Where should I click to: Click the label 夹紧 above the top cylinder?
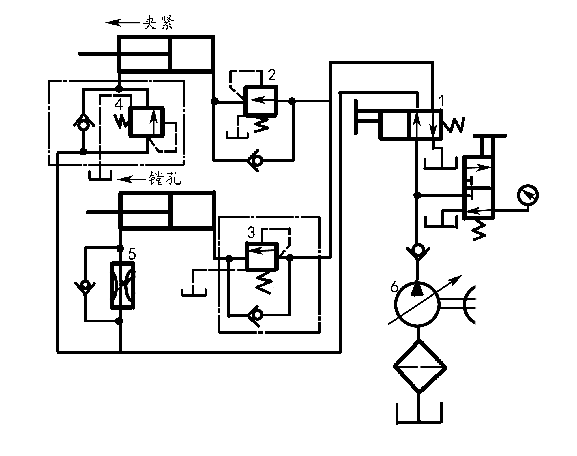point(158,22)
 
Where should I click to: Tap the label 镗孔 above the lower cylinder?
point(164,179)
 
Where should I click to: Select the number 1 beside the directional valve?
point(442,101)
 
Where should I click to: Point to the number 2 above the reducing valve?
point(271,75)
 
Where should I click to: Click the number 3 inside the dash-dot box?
point(251,233)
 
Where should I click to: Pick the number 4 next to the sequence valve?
point(118,104)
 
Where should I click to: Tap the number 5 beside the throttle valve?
point(132,254)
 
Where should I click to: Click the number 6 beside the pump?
point(394,287)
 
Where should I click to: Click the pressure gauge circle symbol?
point(528,195)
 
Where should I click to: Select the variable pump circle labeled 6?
point(417,305)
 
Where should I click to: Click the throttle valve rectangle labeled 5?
point(123,286)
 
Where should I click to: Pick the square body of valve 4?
point(146,121)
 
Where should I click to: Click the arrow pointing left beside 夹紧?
point(124,22)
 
